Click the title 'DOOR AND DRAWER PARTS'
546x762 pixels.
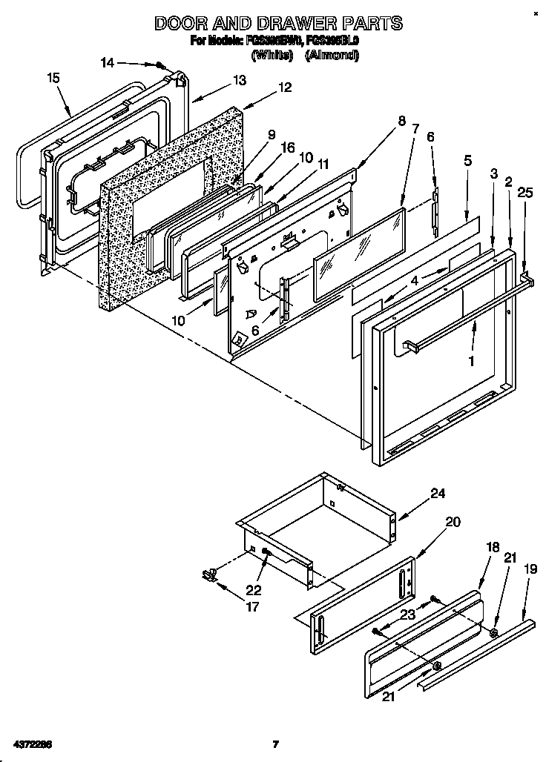[x=278, y=23]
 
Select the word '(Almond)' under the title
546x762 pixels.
[x=332, y=56]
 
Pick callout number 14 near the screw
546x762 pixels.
[x=108, y=63]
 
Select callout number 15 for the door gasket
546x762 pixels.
[x=53, y=77]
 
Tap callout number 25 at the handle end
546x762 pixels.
[x=526, y=193]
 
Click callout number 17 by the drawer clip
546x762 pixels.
[x=253, y=606]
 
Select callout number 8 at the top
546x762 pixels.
[x=401, y=122]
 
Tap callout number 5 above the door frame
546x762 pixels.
[x=467, y=159]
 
